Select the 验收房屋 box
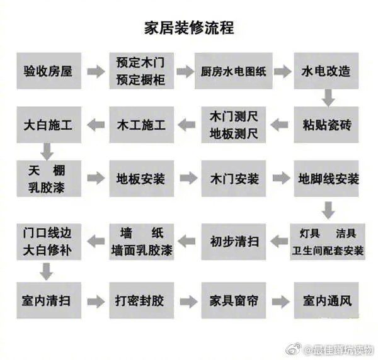point(48,70)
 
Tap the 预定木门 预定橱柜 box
point(140,70)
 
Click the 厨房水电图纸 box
point(233,70)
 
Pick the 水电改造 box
point(327,70)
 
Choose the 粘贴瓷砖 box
point(327,125)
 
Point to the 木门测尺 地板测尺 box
point(233,125)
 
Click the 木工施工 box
point(140,125)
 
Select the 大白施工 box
point(48,125)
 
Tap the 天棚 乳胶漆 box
point(48,179)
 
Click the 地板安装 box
point(140,179)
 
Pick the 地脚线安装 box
point(327,179)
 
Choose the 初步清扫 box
point(233,240)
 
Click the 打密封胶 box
point(140,300)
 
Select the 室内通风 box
point(327,300)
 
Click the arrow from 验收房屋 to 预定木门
point(95,71)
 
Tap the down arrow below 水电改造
point(328,98)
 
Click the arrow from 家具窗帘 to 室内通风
point(280,301)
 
